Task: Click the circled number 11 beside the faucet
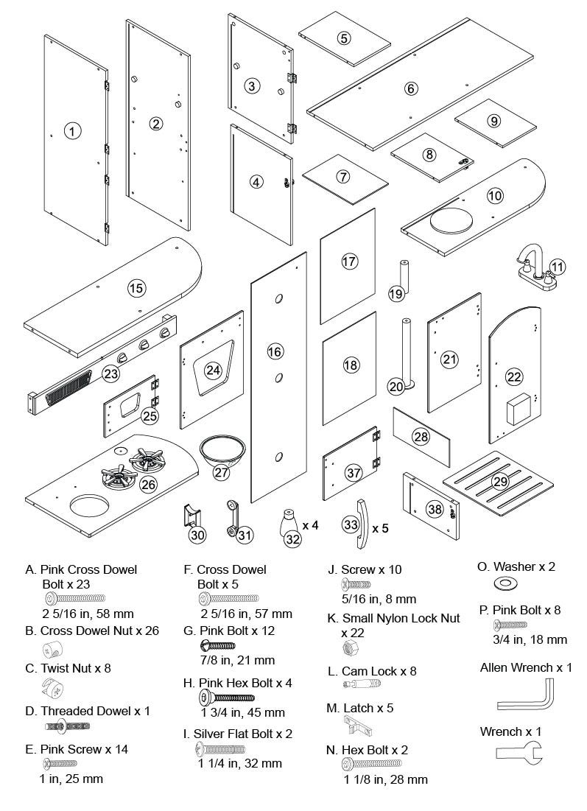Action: pyautogui.click(x=558, y=267)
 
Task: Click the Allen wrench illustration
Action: pyautogui.click(x=524, y=696)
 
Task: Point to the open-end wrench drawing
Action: pyautogui.click(x=516, y=755)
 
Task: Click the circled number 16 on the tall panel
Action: pyautogui.click(x=275, y=352)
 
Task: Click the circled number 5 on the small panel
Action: pyautogui.click(x=344, y=38)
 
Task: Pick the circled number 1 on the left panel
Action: pyautogui.click(x=71, y=131)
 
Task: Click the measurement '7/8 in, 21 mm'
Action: pyautogui.click(x=237, y=660)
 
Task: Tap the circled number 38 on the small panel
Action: pyautogui.click(x=435, y=508)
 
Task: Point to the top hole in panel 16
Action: pyautogui.click(x=280, y=298)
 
